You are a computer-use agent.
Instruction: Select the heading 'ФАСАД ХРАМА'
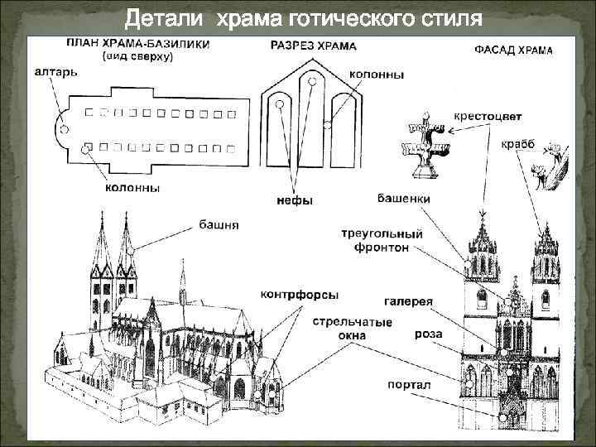coord(513,50)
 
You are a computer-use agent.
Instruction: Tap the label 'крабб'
coord(518,144)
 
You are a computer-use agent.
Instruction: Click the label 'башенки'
coord(403,199)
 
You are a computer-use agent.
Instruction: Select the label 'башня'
coord(219,223)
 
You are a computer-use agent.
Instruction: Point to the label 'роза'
coord(429,334)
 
